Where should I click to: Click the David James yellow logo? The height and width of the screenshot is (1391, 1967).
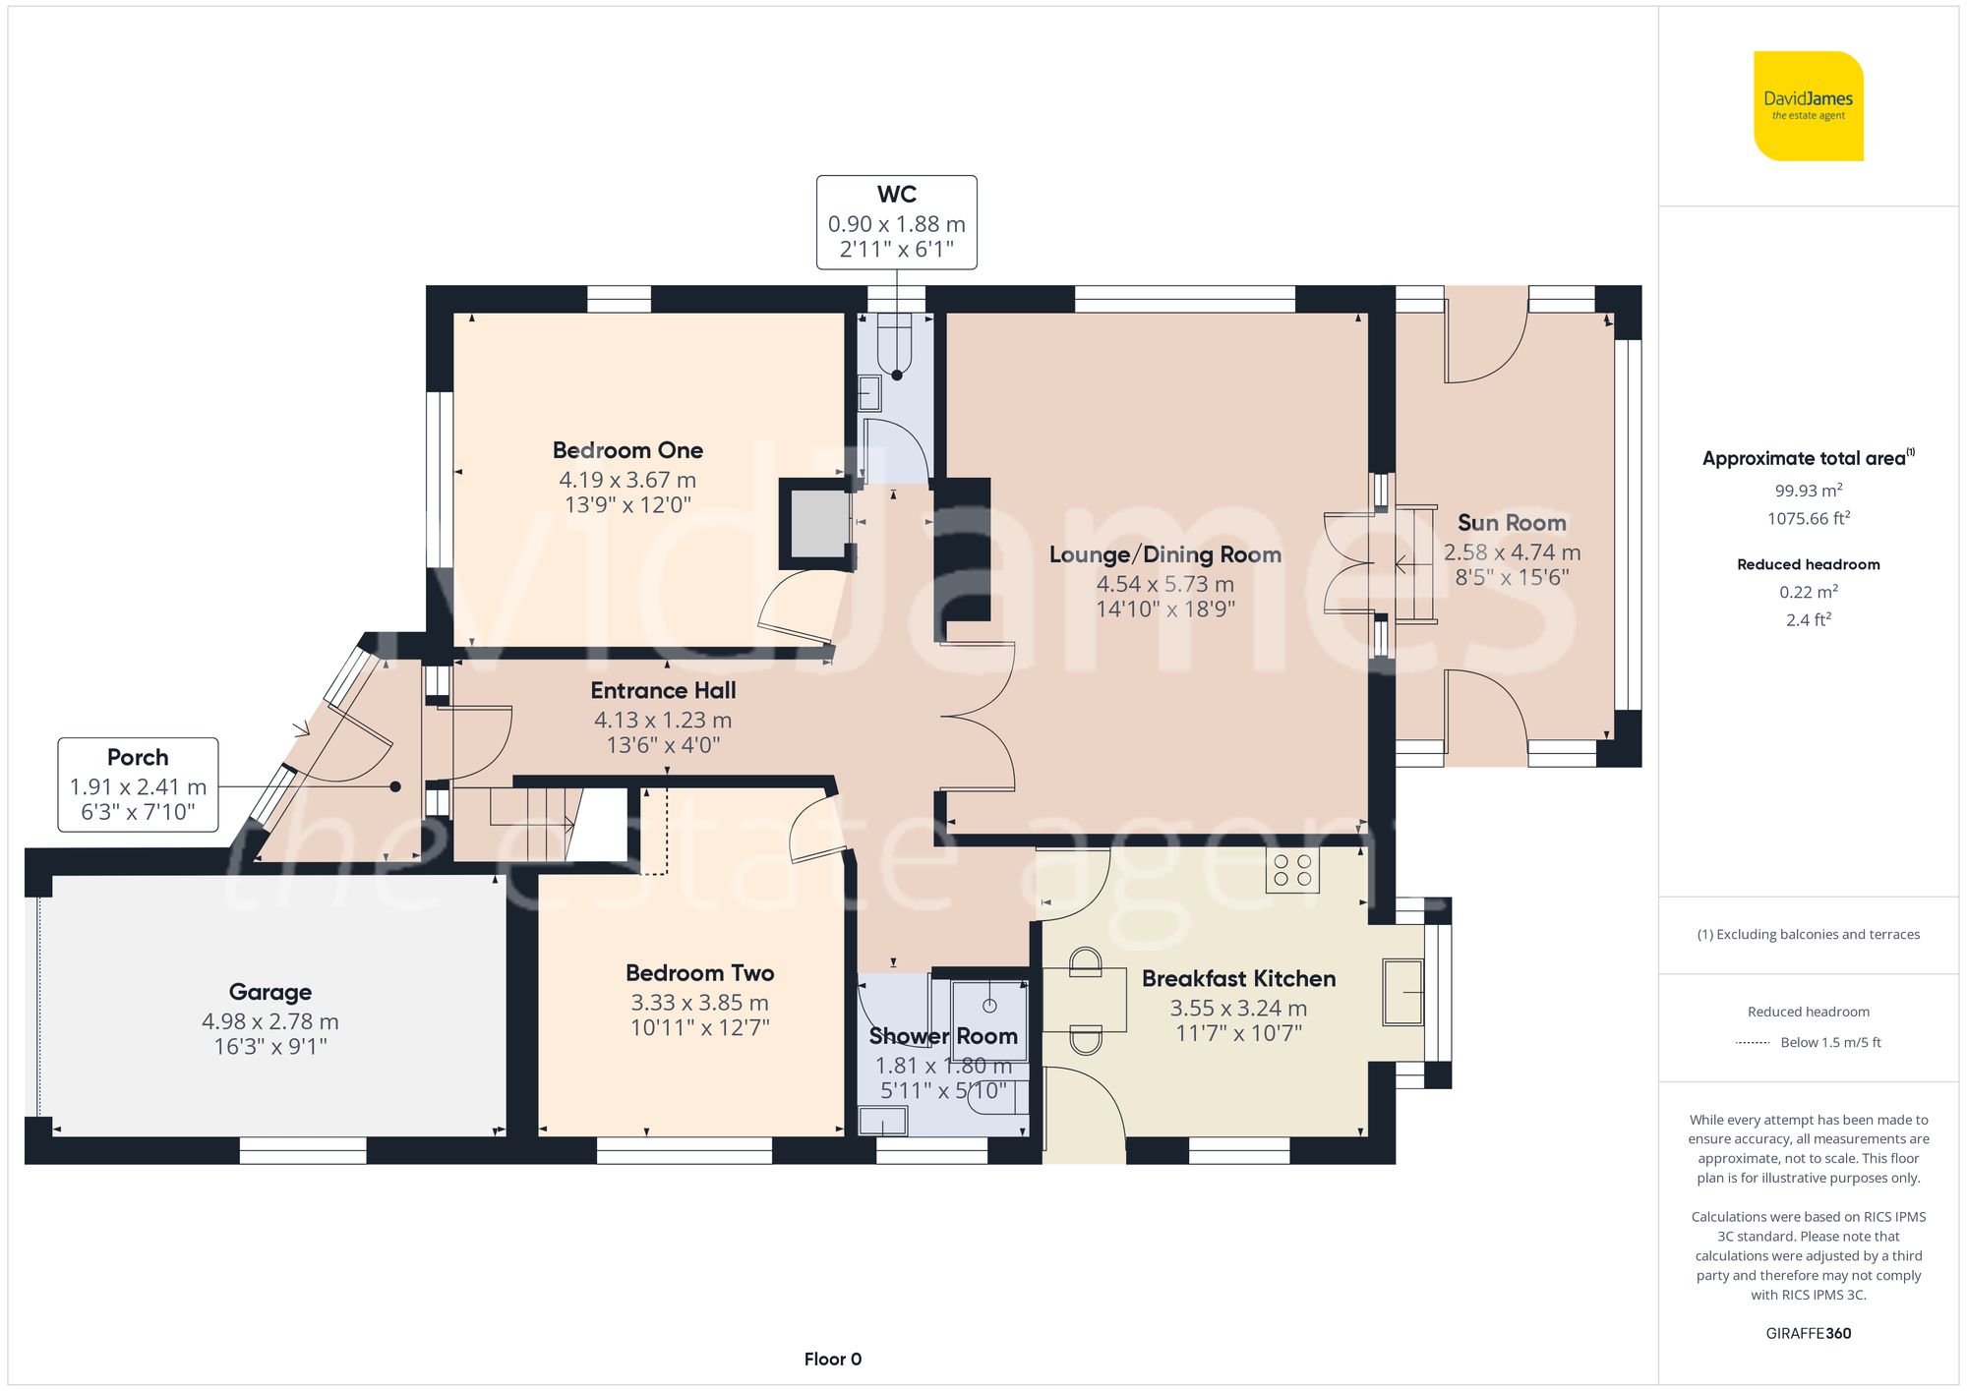(1808, 106)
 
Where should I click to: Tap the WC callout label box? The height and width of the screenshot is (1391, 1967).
(896, 222)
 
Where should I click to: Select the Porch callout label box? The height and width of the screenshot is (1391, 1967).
(138, 784)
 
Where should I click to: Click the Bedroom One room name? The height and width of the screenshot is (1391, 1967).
(627, 450)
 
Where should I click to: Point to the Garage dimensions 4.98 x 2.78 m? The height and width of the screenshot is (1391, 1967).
(270, 1021)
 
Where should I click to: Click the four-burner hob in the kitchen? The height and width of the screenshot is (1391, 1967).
(1292, 870)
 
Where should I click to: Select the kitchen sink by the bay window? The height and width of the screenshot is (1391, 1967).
(1402, 991)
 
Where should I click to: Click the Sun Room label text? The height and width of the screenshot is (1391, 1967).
(1512, 523)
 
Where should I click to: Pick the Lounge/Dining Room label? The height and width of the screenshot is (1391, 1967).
(1164, 554)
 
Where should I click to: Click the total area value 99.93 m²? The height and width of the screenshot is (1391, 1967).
(1808, 490)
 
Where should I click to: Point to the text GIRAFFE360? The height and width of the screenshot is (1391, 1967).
(1808, 1333)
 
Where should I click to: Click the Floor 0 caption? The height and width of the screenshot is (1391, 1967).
(832, 1359)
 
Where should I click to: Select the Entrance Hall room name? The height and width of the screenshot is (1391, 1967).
(663, 690)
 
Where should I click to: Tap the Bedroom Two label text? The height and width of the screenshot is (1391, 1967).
(699, 973)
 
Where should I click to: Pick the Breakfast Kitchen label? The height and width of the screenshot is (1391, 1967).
(1238, 979)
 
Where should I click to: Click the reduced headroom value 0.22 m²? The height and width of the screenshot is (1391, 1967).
(1808, 592)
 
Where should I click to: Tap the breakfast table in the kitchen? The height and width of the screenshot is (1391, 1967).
(1085, 999)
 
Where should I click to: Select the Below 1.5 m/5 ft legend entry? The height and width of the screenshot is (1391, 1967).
(1829, 1042)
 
